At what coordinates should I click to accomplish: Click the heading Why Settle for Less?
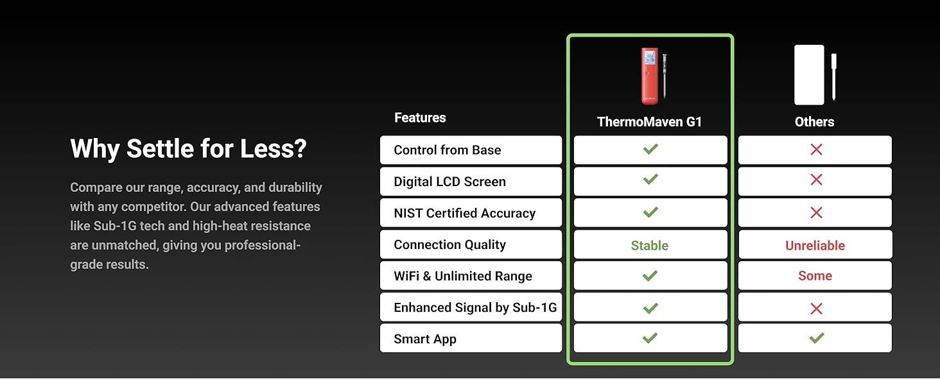[x=188, y=149]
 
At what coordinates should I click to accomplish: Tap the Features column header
[x=420, y=118]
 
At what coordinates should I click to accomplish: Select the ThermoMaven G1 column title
[x=649, y=122]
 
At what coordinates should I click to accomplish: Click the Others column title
[x=815, y=122]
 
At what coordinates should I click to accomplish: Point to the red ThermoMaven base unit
[x=650, y=76]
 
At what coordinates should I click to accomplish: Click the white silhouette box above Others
[x=809, y=74]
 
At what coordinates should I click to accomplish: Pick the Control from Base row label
[x=448, y=150]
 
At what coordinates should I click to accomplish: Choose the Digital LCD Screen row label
[x=450, y=182]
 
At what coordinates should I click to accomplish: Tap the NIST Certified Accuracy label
[x=465, y=213]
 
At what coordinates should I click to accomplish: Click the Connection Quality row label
[x=450, y=244]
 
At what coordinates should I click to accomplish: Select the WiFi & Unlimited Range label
[x=463, y=276]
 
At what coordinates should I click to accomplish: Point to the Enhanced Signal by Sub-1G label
[x=475, y=307]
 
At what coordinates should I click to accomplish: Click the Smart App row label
[x=425, y=339]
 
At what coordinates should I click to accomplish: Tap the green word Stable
[x=650, y=245]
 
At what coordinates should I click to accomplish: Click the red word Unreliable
[x=815, y=245]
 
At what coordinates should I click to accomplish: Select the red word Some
[x=815, y=275]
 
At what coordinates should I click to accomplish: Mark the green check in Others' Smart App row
[x=817, y=338]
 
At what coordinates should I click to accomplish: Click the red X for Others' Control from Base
[x=816, y=150]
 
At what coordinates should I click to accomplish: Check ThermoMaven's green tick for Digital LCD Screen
[x=650, y=180]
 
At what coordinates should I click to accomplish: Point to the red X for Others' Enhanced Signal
[x=816, y=309]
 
